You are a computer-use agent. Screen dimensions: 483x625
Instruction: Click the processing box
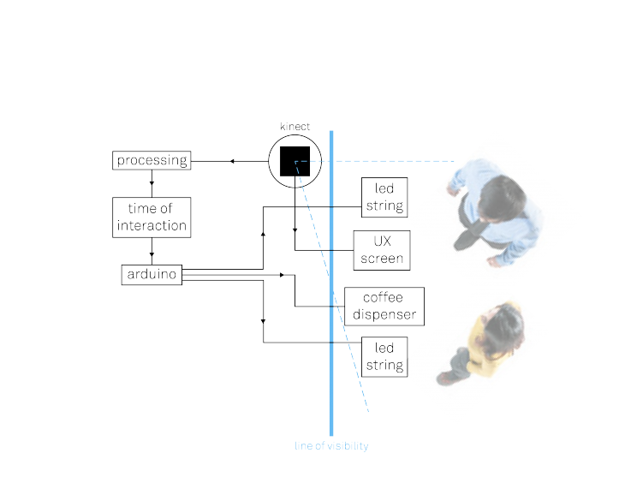(x=152, y=160)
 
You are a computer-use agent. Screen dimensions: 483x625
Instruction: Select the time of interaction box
(x=152, y=218)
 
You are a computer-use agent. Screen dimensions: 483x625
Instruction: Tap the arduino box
(x=152, y=275)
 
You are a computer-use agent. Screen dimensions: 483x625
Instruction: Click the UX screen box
(x=381, y=249)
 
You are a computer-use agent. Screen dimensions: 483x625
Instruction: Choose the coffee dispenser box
(x=384, y=307)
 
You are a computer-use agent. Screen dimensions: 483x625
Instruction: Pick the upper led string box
(x=384, y=198)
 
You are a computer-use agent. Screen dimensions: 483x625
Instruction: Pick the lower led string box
(x=384, y=357)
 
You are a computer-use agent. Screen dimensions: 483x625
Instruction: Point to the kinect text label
(x=295, y=126)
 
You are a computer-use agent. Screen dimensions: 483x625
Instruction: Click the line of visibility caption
(x=331, y=446)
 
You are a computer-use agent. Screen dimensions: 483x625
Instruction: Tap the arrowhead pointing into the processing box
(x=230, y=161)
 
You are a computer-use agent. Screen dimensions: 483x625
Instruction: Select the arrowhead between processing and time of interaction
(x=152, y=182)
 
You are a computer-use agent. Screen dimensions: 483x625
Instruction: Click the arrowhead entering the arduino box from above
(x=152, y=254)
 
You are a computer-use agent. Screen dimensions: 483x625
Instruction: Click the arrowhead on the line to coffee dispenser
(x=281, y=275)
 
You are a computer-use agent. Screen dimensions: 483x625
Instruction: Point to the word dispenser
(x=384, y=314)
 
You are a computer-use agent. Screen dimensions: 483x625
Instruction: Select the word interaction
(x=152, y=226)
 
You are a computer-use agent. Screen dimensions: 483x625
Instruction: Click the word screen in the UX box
(x=381, y=258)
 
